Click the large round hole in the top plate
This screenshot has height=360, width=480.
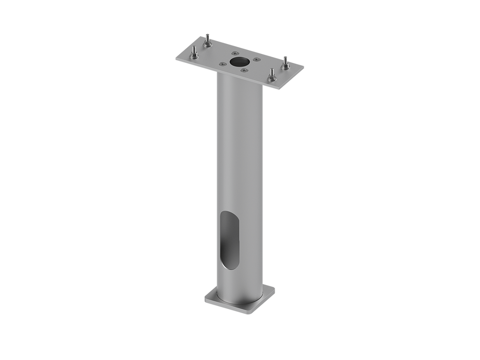click(240, 61)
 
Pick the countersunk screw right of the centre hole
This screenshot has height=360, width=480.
click(256, 60)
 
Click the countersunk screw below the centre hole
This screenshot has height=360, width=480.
click(244, 70)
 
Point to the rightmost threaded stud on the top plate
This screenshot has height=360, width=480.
click(285, 63)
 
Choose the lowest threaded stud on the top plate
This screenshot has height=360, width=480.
click(271, 75)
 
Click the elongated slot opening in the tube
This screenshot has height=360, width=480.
click(229, 240)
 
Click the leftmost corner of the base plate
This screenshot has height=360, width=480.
click(204, 297)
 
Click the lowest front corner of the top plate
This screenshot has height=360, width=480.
click(279, 90)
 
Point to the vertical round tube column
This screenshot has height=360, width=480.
click(240, 164)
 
